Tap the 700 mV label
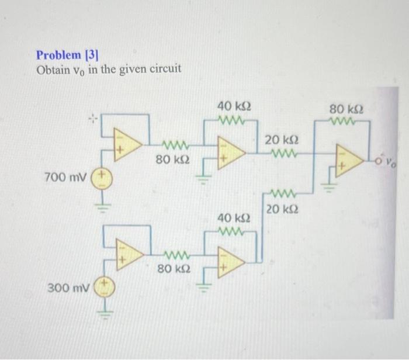point(64,176)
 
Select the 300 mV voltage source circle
point(106,288)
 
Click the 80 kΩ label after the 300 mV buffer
point(174,269)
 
